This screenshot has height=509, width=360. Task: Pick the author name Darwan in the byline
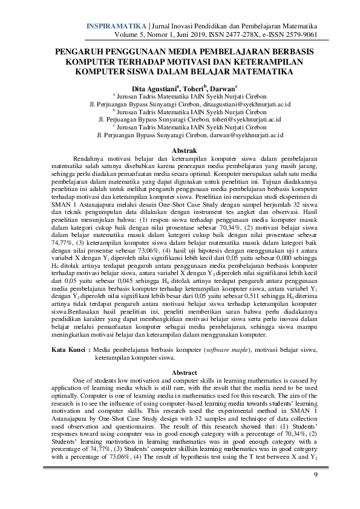pyautogui.click(x=222, y=88)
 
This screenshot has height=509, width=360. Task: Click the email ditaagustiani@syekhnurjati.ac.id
pyautogui.click(x=246, y=104)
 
